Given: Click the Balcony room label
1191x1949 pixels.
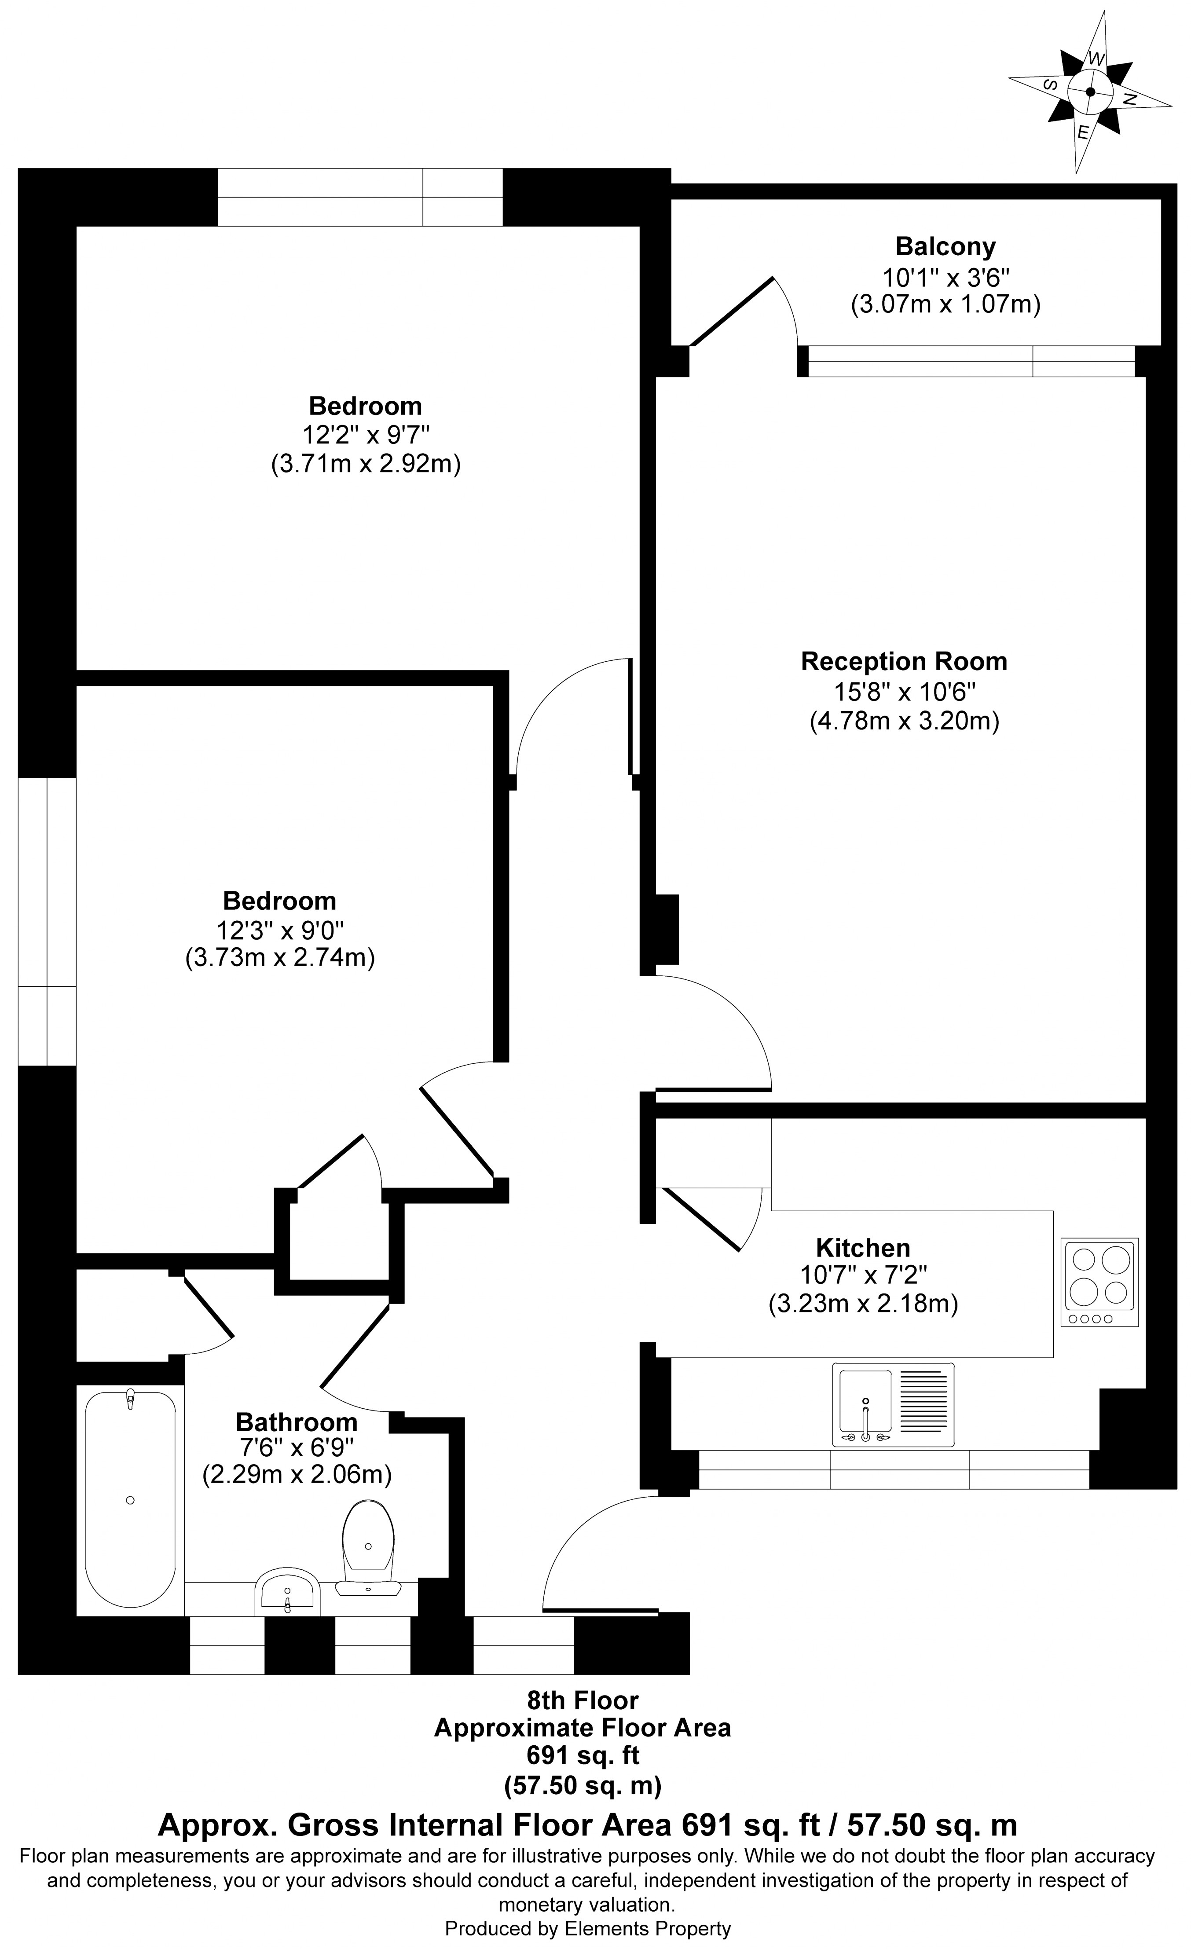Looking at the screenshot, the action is click(945, 247).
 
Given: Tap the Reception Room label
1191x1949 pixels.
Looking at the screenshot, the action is click(904, 661).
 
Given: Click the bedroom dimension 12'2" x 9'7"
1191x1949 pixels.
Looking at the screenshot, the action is click(365, 434).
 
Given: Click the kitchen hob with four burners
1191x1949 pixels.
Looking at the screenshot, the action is click(1099, 1282).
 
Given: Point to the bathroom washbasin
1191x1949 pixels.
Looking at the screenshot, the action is click(287, 1591).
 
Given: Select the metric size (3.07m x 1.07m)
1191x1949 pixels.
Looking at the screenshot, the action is click(945, 304).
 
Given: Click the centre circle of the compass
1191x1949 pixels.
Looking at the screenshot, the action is click(1091, 92).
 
